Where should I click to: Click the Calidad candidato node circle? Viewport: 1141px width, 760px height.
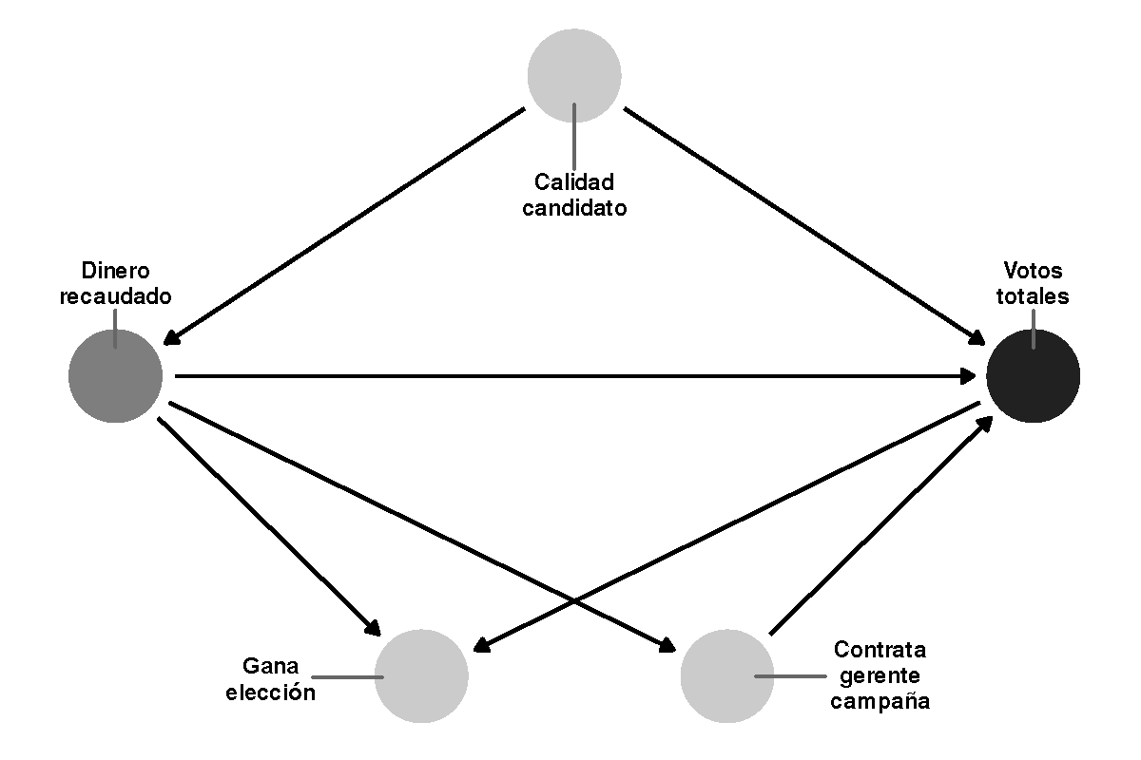point(574,76)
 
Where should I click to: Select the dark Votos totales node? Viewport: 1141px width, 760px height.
point(1033,376)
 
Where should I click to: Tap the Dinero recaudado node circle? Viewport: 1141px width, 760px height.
point(115,376)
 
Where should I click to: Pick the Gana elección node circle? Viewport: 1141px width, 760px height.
point(422,675)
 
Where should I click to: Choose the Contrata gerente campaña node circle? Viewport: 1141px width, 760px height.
point(727,675)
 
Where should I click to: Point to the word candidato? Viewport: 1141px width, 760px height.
point(574,207)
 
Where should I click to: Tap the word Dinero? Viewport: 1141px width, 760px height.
point(116,270)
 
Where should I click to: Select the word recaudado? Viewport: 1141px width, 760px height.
point(116,295)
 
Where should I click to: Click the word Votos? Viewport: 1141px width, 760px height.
point(1033,270)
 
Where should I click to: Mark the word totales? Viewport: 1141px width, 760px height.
point(1033,295)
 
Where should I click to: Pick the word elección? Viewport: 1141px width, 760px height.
point(270,692)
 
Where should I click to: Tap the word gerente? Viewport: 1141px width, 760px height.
point(880,676)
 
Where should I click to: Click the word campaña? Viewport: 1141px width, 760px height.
point(880,702)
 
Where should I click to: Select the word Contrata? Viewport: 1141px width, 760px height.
point(880,651)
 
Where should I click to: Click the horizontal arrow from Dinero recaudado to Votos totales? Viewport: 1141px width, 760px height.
point(570,376)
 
